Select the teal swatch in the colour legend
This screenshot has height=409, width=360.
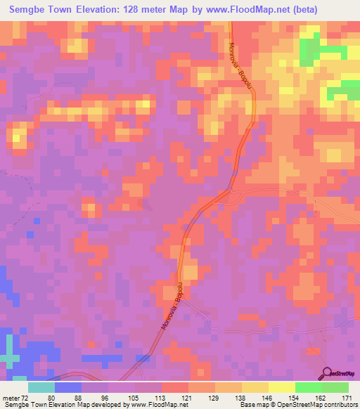click(41, 387)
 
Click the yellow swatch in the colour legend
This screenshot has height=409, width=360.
click(282, 387)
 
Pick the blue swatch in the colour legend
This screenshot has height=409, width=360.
click(68, 387)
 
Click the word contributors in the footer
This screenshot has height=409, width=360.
click(338, 405)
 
